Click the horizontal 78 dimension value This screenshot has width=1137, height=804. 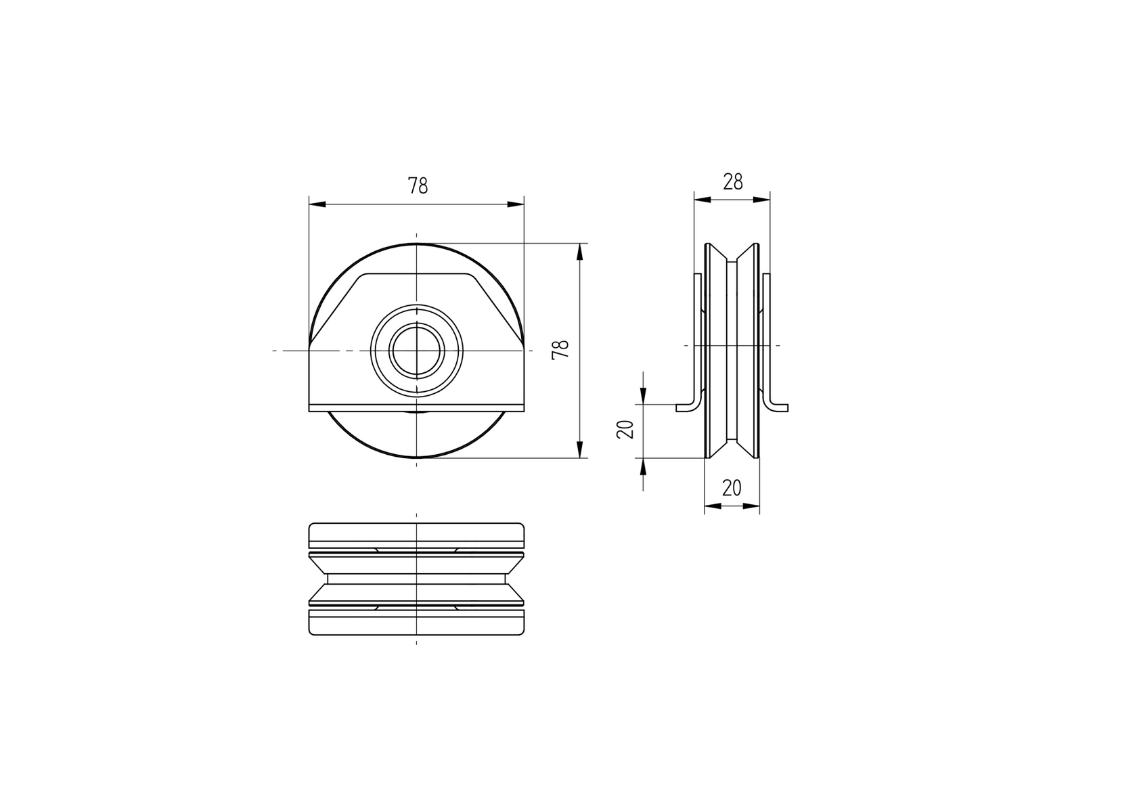pyautogui.click(x=418, y=185)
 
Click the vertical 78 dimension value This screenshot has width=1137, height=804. pyautogui.click(x=560, y=349)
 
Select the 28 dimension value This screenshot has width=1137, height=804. pyautogui.click(x=732, y=182)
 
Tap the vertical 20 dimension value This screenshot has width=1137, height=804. pyautogui.click(x=626, y=429)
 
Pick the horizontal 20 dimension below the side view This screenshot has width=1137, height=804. pyautogui.click(x=732, y=487)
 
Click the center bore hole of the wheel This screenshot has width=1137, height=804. pyautogui.click(x=417, y=350)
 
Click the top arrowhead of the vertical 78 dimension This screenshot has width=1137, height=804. pyautogui.click(x=580, y=252)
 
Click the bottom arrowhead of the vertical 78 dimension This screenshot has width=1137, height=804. pyautogui.click(x=580, y=449)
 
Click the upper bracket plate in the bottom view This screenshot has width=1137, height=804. pyautogui.click(x=417, y=535)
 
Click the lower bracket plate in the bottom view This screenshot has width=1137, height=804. pyautogui.click(x=417, y=623)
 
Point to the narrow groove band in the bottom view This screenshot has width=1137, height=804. pyautogui.click(x=417, y=579)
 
